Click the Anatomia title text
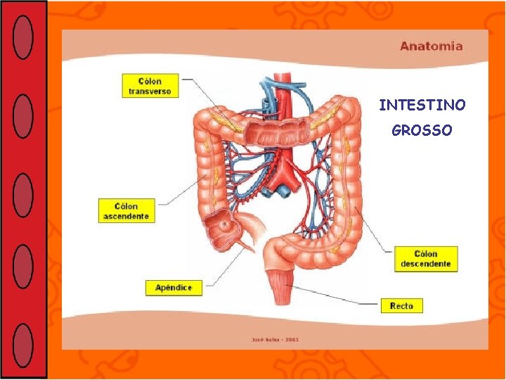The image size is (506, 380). pos(432,46)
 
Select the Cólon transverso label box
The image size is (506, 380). pos(150,86)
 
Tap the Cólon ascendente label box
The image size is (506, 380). pos(126,211)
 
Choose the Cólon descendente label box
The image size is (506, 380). pos(426,259)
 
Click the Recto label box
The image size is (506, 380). pos(401,305)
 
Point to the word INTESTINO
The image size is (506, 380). pos(422,106)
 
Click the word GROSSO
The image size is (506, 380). pos(422,131)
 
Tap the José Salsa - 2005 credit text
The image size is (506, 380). pos(275,339)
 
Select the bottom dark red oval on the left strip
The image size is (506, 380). pos(23,345)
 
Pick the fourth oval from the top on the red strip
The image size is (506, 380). pos(23,266)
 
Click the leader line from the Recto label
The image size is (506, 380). pos(337,296)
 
